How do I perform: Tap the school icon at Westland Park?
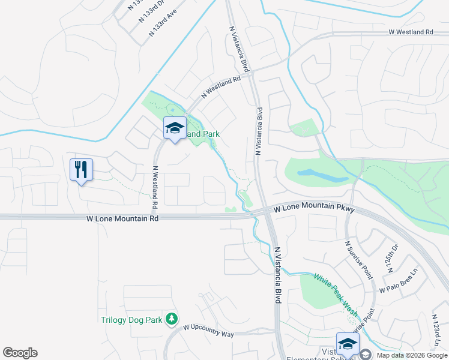pos(175,128)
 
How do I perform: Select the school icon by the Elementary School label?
pos(348,344)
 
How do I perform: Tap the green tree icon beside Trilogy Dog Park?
pos(172,318)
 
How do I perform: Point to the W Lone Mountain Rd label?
pos(122,220)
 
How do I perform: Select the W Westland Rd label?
pos(411,32)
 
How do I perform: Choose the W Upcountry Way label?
pos(208,331)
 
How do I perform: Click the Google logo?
pos(20,353)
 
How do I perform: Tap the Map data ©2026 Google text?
pos(412,355)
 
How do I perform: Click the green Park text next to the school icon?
pos(203,134)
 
